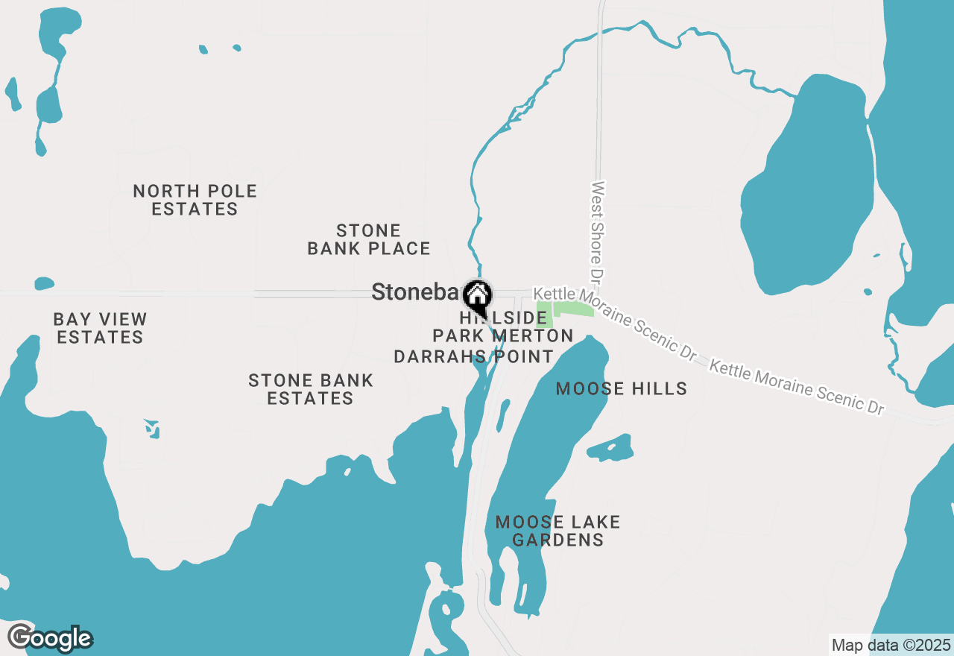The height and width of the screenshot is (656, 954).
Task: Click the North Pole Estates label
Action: (x=195, y=200)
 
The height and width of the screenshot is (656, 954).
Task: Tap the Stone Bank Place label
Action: (x=369, y=239)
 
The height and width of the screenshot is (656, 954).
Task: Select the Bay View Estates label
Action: (x=100, y=328)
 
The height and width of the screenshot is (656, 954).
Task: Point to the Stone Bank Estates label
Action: (x=310, y=389)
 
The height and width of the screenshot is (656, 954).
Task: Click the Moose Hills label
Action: (x=621, y=388)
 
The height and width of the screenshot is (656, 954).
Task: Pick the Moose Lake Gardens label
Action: (x=557, y=531)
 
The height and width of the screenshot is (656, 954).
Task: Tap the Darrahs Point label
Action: (x=473, y=356)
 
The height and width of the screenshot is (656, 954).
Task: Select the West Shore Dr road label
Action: (x=596, y=231)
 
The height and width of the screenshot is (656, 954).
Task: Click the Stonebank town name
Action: (x=414, y=292)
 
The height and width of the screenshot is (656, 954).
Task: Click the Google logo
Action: (x=50, y=638)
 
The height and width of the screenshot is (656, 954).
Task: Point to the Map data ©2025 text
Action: (x=891, y=645)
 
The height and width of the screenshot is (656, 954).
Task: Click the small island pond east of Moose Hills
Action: (x=610, y=448)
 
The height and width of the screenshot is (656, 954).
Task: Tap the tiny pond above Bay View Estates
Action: (x=44, y=283)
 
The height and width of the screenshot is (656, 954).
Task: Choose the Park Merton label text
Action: (x=503, y=335)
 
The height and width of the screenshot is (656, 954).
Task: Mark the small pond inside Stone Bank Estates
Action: (x=152, y=428)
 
